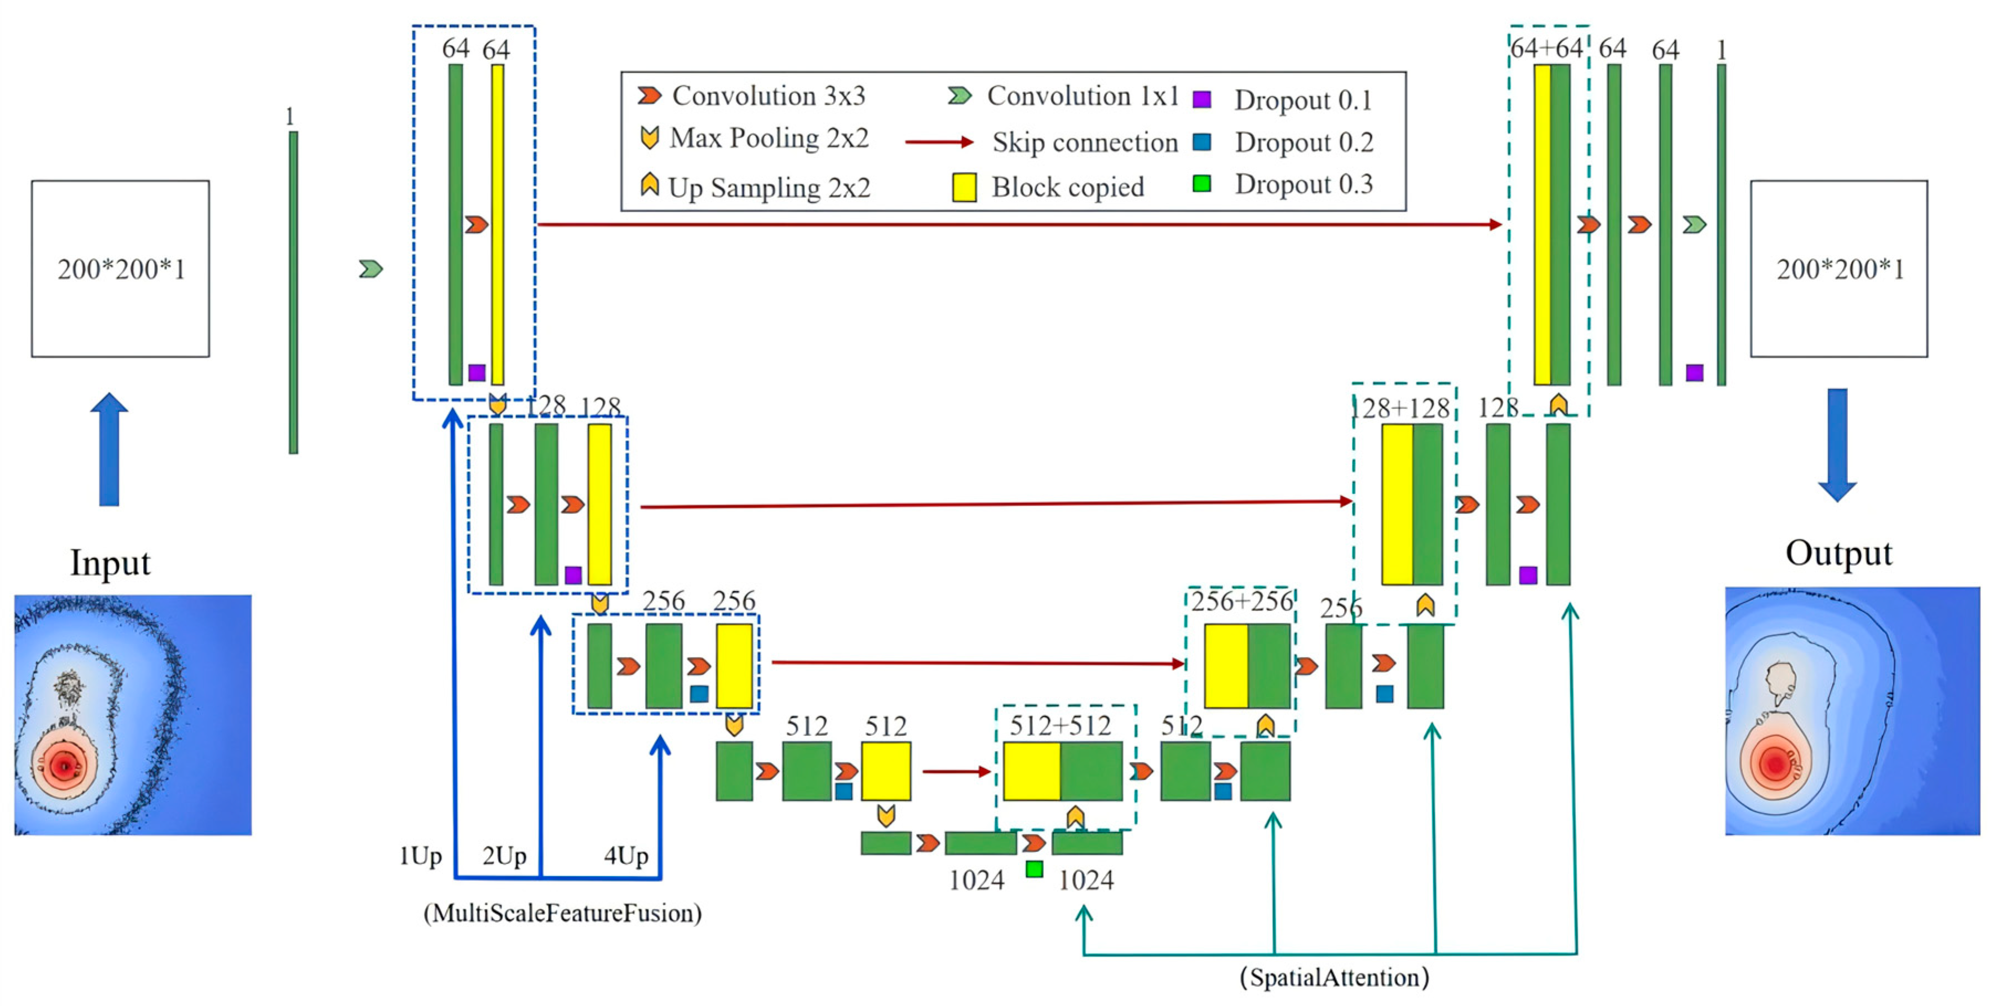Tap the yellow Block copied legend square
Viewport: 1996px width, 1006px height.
click(964, 187)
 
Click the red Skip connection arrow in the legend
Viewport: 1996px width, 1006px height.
click(938, 142)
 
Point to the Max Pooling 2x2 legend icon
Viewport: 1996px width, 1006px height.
click(649, 138)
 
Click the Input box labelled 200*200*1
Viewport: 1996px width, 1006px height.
click(120, 268)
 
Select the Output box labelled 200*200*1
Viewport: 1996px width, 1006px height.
click(1839, 268)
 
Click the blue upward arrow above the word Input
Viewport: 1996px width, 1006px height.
click(109, 449)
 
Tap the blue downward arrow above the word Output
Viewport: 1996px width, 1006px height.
click(1837, 445)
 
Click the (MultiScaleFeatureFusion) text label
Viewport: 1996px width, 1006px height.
click(562, 913)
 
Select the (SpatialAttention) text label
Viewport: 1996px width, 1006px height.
click(1334, 977)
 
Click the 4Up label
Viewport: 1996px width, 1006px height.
click(626, 856)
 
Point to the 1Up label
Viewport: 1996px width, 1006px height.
click(420, 856)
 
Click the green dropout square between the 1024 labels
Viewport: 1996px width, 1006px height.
click(1033, 869)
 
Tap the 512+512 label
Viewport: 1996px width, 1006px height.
click(1060, 726)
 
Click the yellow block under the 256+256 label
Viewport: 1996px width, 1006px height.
click(1226, 666)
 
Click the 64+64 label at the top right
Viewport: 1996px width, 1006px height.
click(1546, 49)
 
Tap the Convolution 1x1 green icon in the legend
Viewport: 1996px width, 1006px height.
click(959, 96)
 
